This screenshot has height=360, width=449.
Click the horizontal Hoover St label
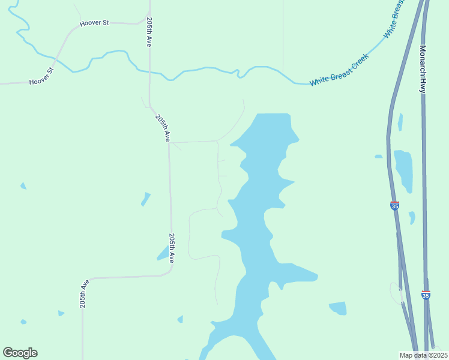click(95, 23)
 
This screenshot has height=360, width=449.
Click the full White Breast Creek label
click(339, 70)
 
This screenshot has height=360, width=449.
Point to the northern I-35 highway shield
click(394, 206)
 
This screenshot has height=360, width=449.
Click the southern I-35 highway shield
click(426, 295)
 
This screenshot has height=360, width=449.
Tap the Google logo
click(20, 353)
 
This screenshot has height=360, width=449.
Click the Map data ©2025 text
click(423, 355)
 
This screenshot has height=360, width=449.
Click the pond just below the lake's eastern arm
click(338, 308)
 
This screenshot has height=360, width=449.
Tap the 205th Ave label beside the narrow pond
click(172, 248)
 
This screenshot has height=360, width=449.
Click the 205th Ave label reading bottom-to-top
click(84, 293)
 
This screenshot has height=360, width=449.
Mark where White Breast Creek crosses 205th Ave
click(149, 71)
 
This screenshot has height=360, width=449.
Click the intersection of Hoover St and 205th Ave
click(149, 23)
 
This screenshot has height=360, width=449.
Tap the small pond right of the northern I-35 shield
click(412, 217)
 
